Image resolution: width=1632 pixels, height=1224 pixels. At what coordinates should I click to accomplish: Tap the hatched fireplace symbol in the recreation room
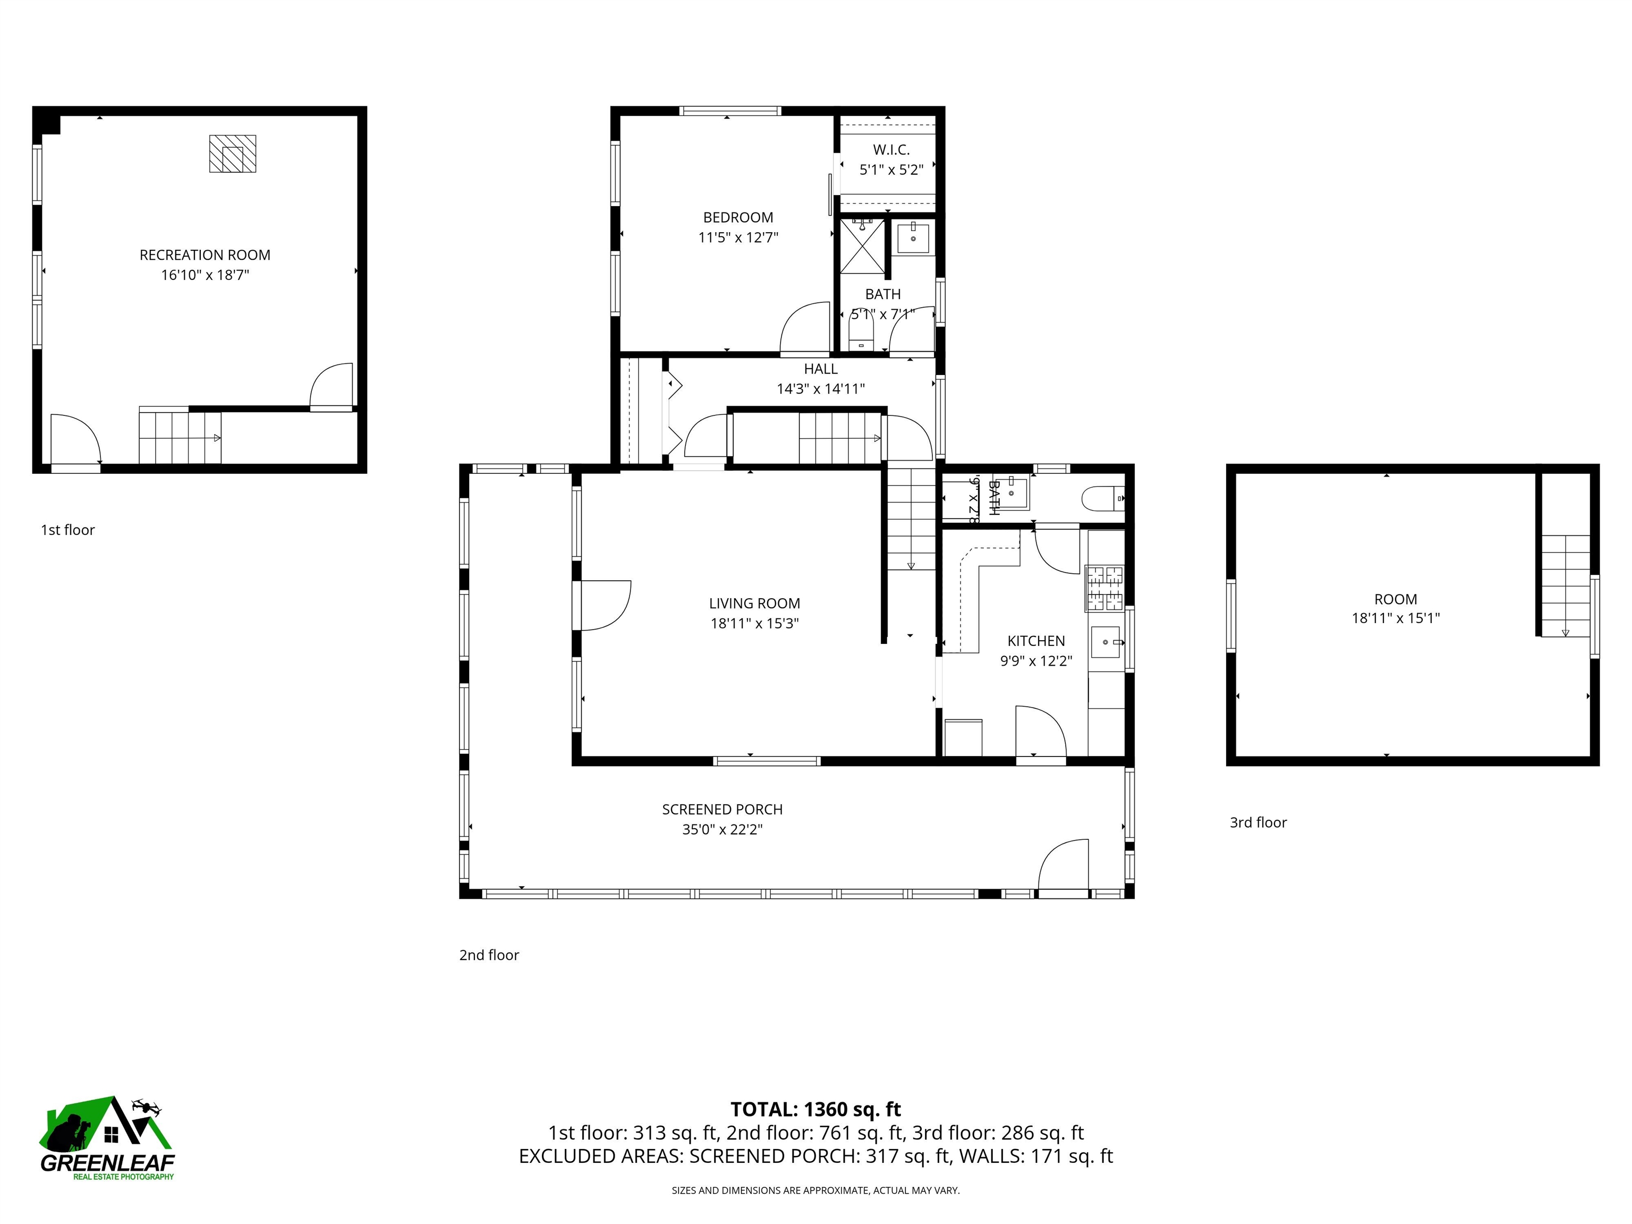coord(232,154)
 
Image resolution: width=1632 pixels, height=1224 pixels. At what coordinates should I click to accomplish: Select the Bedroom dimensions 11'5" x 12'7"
coord(738,237)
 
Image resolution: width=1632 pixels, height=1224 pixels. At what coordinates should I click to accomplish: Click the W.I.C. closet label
coord(891,150)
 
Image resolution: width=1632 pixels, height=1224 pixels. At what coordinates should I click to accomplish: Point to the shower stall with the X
coord(862,247)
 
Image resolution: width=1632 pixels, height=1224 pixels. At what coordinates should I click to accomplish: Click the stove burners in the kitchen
coord(1104,588)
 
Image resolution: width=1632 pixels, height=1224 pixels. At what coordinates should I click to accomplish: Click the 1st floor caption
coord(68,530)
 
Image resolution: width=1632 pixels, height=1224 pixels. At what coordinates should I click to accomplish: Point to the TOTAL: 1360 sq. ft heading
coord(815,1110)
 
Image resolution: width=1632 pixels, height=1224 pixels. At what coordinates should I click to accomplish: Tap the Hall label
coord(820,369)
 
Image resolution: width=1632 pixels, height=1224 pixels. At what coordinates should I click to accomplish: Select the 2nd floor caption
coord(488,955)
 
